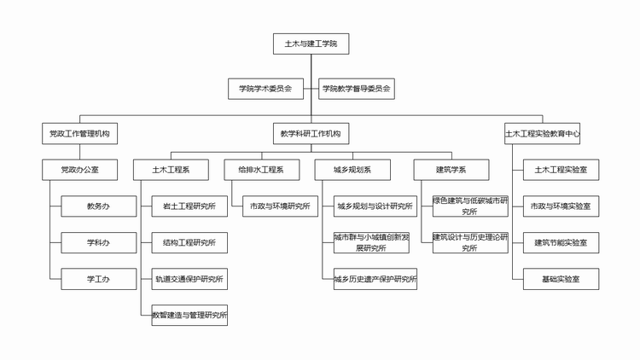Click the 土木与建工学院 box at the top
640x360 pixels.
click(311, 44)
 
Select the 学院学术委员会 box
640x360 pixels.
click(265, 89)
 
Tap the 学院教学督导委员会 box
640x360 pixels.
click(357, 89)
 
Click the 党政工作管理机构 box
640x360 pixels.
click(79, 133)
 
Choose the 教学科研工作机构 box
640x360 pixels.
click(311, 133)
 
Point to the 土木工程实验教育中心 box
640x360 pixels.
click(542, 133)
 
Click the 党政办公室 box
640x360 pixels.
click(79, 170)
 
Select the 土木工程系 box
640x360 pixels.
click(171, 170)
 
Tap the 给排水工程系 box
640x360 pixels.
click(262, 170)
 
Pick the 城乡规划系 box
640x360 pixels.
click(352, 170)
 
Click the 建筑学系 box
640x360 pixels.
click(451, 170)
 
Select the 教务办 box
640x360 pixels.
click(99, 206)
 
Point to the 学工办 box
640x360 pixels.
click(99, 279)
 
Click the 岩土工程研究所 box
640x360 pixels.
click(189, 206)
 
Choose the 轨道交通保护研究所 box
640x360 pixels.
click(189, 279)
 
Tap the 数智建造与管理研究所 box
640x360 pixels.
click(189, 315)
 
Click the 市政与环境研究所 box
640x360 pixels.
click(280, 206)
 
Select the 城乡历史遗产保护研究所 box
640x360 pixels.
click(375, 279)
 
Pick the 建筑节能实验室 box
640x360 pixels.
click(561, 243)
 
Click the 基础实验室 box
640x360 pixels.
click(561, 279)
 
